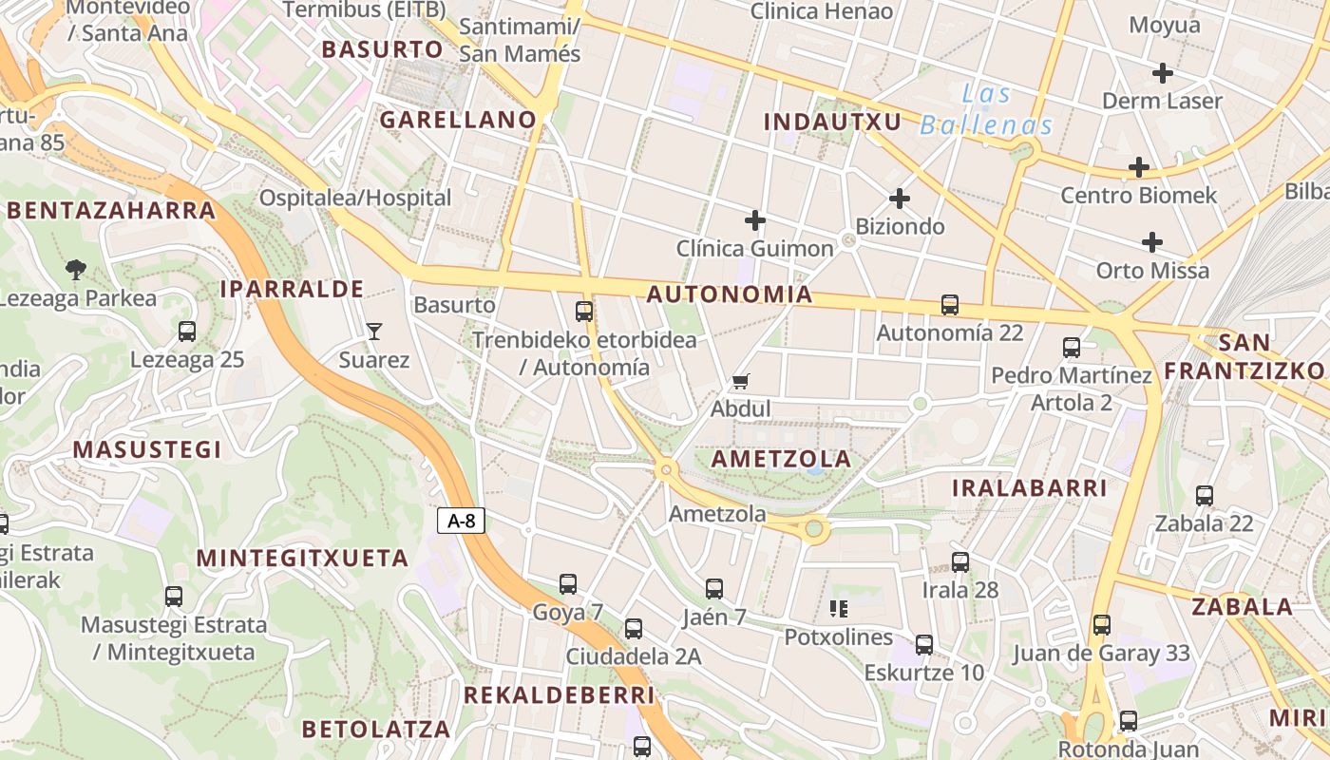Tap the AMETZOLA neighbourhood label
pos(781,459)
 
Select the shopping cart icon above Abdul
pos(741,382)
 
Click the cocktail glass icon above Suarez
pos(374,332)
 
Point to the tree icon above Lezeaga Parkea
pos(75,270)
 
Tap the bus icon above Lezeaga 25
pos(187,332)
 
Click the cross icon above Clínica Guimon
pos(755,220)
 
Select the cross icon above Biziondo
pos(899,199)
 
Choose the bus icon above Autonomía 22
pos(950,305)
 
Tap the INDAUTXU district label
pos(832,122)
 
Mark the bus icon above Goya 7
pos(568,584)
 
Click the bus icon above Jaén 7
pos(714,589)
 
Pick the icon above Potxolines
pos(838,608)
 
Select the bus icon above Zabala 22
pos(1205,495)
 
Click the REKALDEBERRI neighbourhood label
pos(559,695)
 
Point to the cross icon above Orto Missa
pos(1152,242)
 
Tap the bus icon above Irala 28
pos(960,561)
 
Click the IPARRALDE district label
pos(292,289)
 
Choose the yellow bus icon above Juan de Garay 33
pos(1101,625)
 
